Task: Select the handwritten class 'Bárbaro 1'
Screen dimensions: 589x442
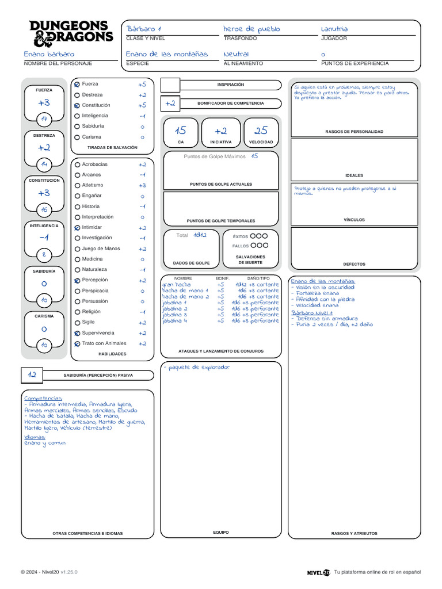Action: tap(143, 29)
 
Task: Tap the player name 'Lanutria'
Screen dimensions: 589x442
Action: tap(334, 29)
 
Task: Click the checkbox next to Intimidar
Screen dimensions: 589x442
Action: tap(77, 228)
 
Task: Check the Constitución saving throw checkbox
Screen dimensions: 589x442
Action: tap(77, 106)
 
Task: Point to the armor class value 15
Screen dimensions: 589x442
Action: tap(181, 131)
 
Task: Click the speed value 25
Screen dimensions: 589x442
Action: tap(261, 131)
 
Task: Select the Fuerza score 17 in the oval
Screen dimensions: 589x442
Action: tap(44, 119)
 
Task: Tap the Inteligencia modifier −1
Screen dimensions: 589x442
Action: tap(44, 238)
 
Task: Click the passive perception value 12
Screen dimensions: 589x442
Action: tap(32, 375)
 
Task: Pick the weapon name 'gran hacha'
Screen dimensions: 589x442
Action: tap(176, 284)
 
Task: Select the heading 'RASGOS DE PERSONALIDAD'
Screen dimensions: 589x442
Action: tap(354, 132)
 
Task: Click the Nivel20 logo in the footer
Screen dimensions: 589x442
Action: tap(318, 572)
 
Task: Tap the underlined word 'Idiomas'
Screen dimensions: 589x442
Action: tap(35, 437)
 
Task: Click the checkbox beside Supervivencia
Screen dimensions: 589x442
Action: tap(77, 334)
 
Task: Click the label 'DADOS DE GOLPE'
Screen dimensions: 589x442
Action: tap(191, 263)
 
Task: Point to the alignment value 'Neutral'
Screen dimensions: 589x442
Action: tap(236, 54)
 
